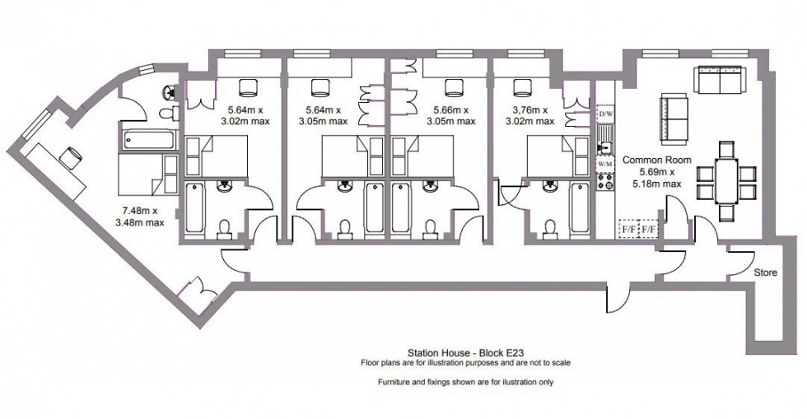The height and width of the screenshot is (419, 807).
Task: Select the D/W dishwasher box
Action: [606, 113]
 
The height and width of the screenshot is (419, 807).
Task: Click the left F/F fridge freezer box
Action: [629, 228]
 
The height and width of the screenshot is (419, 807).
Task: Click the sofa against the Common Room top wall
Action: [720, 81]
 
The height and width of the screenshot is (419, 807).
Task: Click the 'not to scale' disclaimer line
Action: [466, 362]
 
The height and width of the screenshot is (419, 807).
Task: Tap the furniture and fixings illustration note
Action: [466, 383]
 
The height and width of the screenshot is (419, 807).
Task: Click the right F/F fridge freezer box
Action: [650, 228]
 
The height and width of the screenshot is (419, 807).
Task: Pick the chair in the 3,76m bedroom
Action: [520, 86]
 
